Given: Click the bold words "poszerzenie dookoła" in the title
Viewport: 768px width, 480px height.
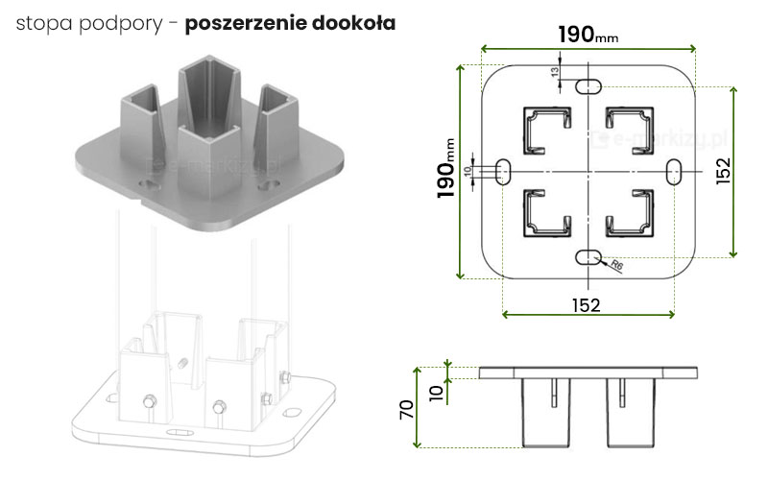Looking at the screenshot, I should pyautogui.click(x=290, y=21).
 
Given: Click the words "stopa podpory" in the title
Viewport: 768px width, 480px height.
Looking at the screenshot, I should pyautogui.click(x=82, y=22).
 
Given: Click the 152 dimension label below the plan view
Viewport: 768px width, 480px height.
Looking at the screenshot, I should pyautogui.click(x=587, y=305).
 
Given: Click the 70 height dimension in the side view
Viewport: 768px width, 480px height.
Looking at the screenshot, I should pyautogui.click(x=407, y=408).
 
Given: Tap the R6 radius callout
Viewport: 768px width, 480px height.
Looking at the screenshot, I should pyautogui.click(x=616, y=266).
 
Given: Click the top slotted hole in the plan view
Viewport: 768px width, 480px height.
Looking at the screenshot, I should pyautogui.click(x=588, y=86).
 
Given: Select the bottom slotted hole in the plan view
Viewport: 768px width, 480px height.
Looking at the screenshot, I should pyautogui.click(x=588, y=256).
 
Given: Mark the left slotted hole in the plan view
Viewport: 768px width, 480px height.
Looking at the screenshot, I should pyautogui.click(x=502, y=171).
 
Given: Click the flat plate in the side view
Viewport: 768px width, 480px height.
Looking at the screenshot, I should pyautogui.click(x=587, y=372).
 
